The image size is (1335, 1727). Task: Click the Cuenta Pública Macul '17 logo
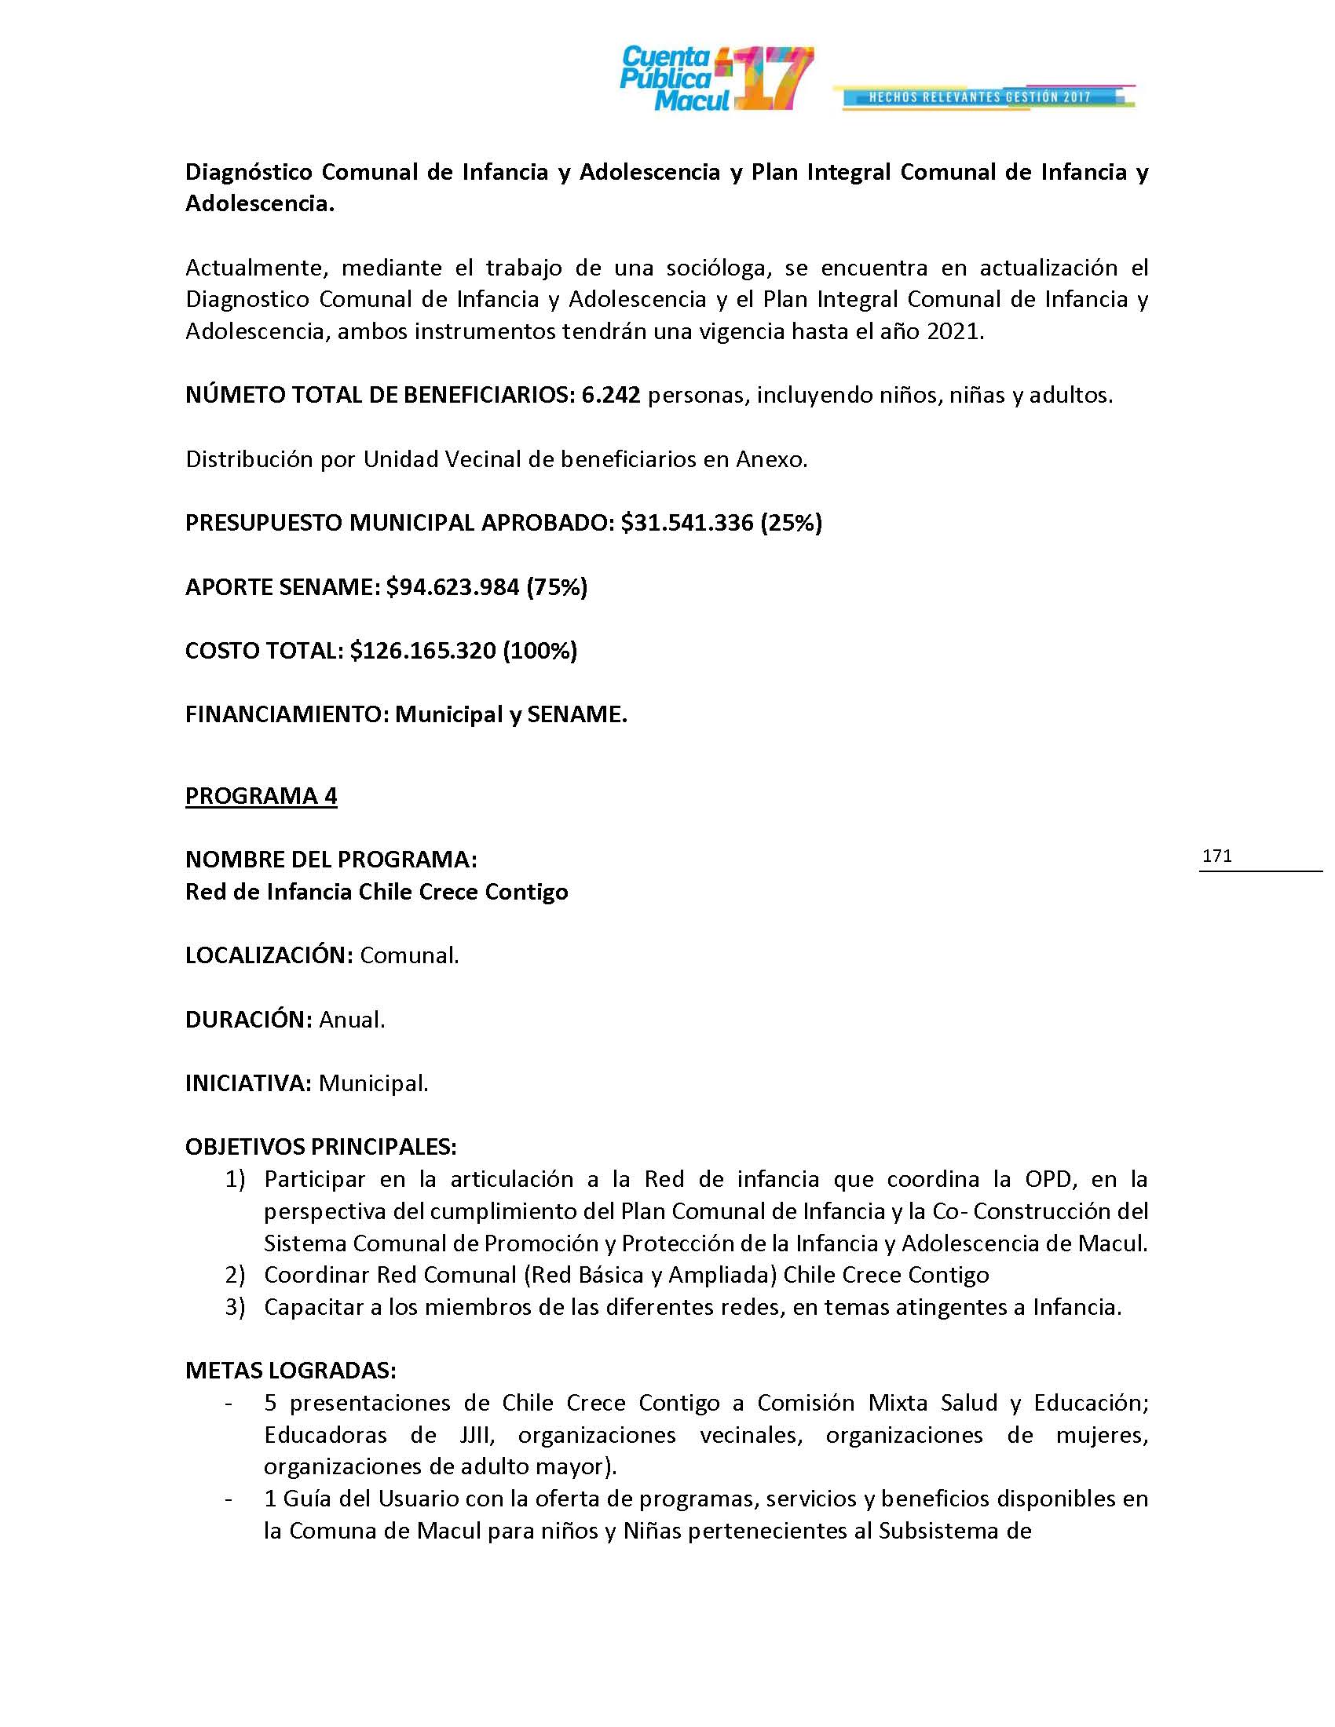pyautogui.click(x=715, y=78)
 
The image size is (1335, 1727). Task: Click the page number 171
pyautogui.click(x=1216, y=856)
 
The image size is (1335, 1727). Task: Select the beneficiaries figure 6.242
pyautogui.click(x=610, y=396)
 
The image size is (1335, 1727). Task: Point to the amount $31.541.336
pyautogui.click(x=686, y=523)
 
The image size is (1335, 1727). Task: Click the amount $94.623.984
pyautogui.click(x=452, y=586)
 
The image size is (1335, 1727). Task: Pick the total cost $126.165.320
pyautogui.click(x=422, y=651)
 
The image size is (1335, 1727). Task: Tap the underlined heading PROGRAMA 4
pyautogui.click(x=261, y=795)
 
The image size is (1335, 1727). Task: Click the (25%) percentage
pyautogui.click(x=791, y=523)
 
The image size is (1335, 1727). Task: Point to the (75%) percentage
pyautogui.click(x=557, y=586)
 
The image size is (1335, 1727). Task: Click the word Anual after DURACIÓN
pyautogui.click(x=351, y=1019)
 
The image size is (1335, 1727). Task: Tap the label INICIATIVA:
pyautogui.click(x=248, y=1083)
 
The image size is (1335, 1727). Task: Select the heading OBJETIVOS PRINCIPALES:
pyautogui.click(x=320, y=1147)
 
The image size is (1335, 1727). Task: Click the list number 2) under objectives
pyautogui.click(x=235, y=1275)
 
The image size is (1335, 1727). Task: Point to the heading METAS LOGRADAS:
pyautogui.click(x=291, y=1371)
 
